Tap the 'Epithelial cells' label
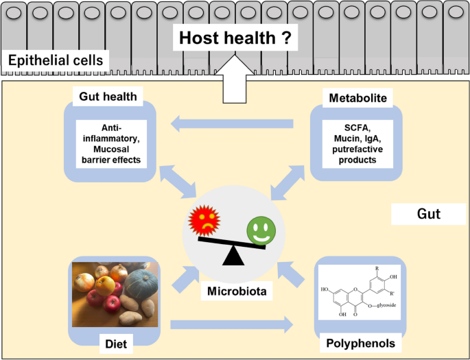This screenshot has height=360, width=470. (x=56, y=60)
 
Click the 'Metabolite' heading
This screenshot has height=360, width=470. (x=357, y=98)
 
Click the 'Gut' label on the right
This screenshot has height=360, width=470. (x=429, y=215)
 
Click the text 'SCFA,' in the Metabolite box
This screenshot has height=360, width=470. (x=357, y=128)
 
